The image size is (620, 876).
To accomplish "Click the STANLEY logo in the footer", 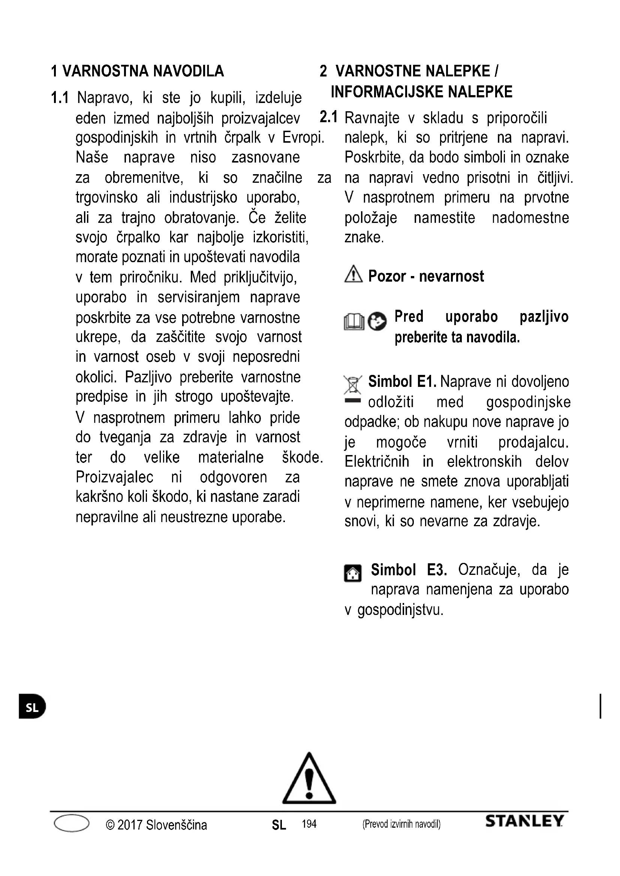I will click(524, 821).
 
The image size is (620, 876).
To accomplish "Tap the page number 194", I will click(309, 824).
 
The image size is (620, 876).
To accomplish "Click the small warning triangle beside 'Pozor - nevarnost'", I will click(353, 274).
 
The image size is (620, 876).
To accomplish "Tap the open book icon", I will click(354, 322).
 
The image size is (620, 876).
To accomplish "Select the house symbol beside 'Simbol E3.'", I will click(353, 573).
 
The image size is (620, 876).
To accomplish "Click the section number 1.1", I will click(60, 98).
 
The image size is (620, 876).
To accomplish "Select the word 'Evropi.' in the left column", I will click(303, 138).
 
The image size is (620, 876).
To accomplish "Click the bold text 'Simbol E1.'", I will click(402, 382).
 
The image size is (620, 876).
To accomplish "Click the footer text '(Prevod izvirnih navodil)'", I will click(401, 824).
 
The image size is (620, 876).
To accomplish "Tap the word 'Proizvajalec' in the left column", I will click(115, 477).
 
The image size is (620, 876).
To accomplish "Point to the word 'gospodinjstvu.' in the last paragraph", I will click(400, 610).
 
